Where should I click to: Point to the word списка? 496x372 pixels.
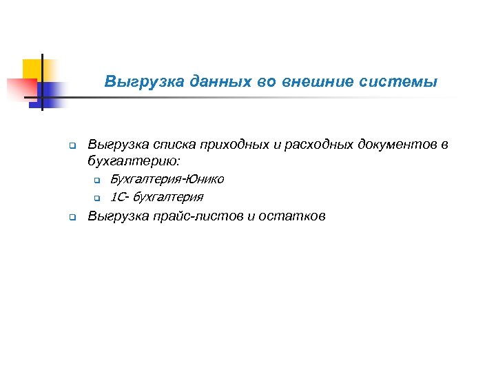pos(171,145)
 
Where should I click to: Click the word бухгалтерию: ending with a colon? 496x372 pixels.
pos(134,161)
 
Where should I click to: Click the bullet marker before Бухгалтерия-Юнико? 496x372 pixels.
pos(97,181)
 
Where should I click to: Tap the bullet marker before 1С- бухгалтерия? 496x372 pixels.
pos(97,198)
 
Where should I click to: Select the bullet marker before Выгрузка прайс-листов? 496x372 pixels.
pos(72,218)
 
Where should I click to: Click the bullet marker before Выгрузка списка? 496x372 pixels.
pos(72,146)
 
